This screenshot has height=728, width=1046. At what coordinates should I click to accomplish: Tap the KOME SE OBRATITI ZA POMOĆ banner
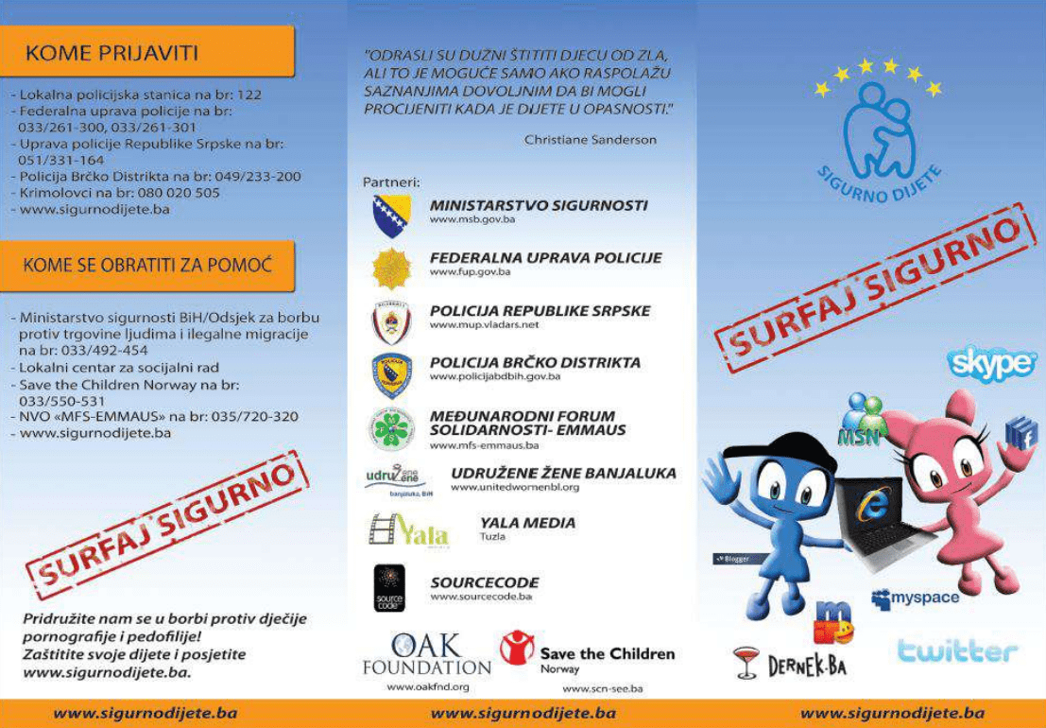[x=146, y=266]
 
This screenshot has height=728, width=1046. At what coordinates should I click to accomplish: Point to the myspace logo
[x=915, y=598]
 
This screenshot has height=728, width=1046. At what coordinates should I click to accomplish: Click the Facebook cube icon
[x=1020, y=434]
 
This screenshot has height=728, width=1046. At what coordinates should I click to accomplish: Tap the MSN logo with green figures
[x=860, y=420]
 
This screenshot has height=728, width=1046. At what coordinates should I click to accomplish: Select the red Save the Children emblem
[x=516, y=649]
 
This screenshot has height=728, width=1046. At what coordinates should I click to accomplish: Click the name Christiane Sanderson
[x=590, y=139]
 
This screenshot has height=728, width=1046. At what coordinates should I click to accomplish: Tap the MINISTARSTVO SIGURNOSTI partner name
[x=539, y=204]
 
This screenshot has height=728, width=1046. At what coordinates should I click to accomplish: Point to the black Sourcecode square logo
[x=389, y=587]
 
